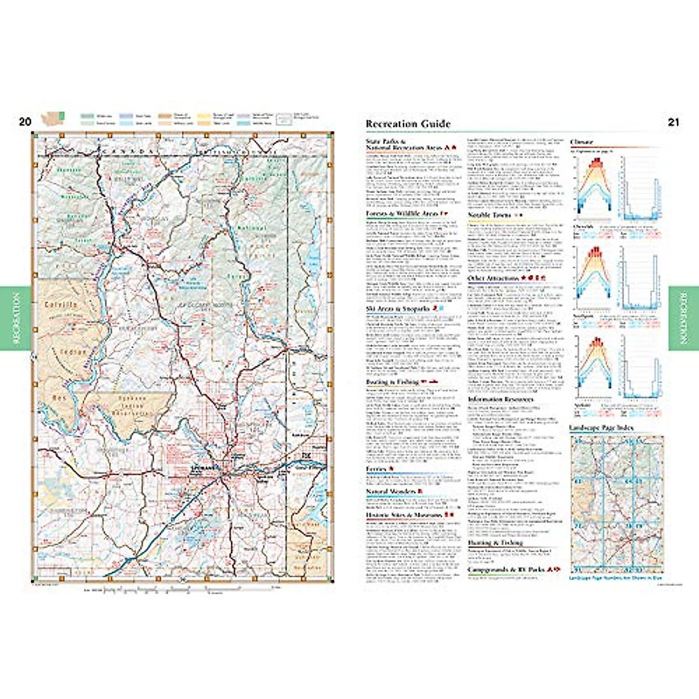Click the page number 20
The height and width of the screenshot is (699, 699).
tap(24, 122)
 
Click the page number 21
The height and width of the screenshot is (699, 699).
tap(673, 122)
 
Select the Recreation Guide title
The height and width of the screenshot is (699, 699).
tap(408, 123)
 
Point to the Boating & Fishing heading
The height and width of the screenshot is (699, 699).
tap(392, 382)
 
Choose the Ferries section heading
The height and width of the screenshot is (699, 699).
tap(376, 469)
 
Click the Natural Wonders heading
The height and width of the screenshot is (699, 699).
tap(390, 492)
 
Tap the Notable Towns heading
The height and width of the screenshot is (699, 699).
tap(490, 215)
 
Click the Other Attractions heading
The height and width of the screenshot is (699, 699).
tap(493, 278)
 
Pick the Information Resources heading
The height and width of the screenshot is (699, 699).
tap(500, 400)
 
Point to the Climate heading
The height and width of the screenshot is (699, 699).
tap(581, 142)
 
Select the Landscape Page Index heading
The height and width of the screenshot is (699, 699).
tap(601, 428)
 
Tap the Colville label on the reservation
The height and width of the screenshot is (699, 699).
tap(61, 305)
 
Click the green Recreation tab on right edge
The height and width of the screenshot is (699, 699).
tap(683, 317)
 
